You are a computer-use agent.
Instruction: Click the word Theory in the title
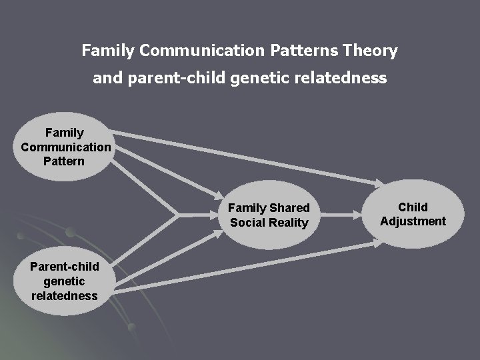click(x=371, y=51)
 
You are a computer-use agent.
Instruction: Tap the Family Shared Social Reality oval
click(x=269, y=215)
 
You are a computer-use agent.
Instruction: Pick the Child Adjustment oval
click(x=413, y=214)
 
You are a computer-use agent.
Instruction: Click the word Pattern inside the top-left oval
click(x=64, y=161)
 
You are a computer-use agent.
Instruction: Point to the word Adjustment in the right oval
click(x=413, y=221)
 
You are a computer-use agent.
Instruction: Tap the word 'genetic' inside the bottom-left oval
click(x=65, y=281)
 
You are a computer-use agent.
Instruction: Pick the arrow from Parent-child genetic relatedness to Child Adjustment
click(x=247, y=267)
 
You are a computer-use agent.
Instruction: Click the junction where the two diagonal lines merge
click(x=177, y=215)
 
